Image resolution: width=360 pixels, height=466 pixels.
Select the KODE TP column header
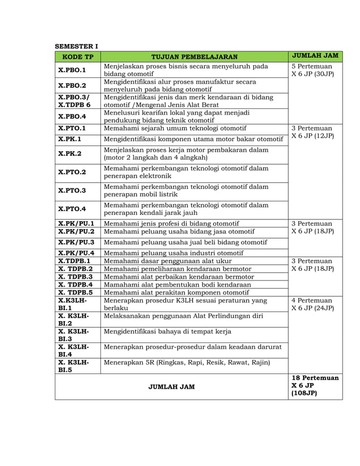(77, 56)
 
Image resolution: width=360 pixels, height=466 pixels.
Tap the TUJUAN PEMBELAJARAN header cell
(194, 56)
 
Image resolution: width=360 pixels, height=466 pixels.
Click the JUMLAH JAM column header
(316, 56)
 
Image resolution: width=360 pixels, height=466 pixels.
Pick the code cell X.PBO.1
(72, 71)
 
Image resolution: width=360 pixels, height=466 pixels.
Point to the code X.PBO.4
(72, 116)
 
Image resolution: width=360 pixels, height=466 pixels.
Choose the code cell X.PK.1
(70, 139)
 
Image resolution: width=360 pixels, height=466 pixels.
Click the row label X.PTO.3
(72, 191)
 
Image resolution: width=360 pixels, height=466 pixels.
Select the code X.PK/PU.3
(76, 242)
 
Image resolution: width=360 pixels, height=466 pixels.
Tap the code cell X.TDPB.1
(74, 261)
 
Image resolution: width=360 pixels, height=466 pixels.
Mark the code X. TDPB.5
(76, 292)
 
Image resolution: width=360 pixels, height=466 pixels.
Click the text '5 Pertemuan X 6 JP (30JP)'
(313, 70)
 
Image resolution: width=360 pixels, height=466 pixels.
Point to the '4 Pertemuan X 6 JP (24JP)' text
(313, 305)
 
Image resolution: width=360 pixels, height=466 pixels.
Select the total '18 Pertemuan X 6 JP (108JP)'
(315, 385)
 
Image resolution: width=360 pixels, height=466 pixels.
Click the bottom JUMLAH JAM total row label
(170, 386)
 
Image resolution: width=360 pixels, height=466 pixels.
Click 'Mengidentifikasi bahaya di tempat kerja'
(168, 331)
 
